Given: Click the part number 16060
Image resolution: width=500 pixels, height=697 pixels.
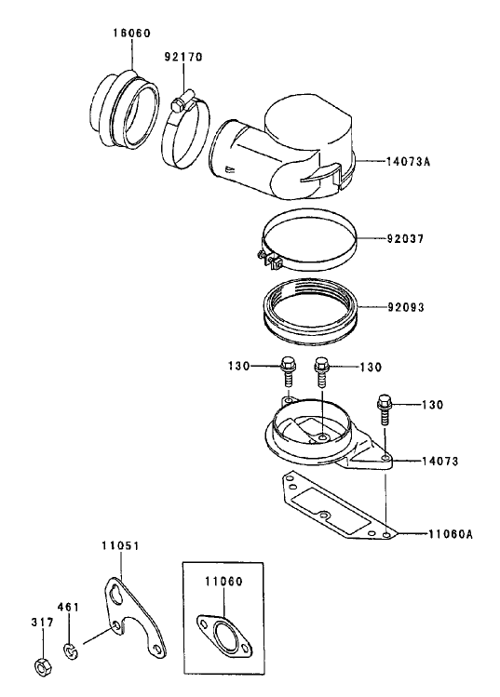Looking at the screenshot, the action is coord(131,34).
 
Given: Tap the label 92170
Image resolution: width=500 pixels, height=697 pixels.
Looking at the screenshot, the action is coord(183,58).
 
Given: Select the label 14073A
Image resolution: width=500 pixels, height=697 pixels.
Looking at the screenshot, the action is coord(408,161).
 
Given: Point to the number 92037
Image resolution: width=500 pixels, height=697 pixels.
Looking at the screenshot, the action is coord(405,239).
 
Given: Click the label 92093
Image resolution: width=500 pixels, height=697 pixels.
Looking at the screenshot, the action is coord(405,307).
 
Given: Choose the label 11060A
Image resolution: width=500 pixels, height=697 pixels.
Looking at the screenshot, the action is coord(450,534).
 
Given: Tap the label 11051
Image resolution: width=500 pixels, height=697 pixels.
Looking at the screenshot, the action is coord(120,545).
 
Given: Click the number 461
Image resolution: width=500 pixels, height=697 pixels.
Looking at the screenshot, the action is coord(68,607).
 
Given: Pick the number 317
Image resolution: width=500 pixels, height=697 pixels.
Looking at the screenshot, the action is coord(43,623).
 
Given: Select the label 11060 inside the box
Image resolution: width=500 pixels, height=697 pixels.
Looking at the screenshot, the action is coord(223,581).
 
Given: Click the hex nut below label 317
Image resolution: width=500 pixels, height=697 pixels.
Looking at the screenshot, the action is coord(44,665).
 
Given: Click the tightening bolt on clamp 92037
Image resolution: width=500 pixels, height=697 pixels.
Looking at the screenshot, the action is coord(268,260).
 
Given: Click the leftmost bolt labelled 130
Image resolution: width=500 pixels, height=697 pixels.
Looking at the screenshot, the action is coord(287,372).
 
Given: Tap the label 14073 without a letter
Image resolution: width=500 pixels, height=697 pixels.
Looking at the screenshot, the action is coord(440,461).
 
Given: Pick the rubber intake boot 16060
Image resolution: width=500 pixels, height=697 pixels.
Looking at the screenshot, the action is coord(126,109).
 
